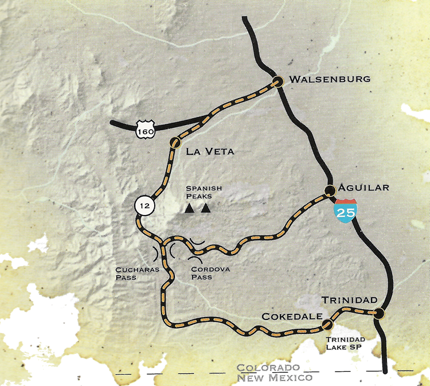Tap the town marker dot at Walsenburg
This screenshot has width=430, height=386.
pyautogui.click(x=278, y=81)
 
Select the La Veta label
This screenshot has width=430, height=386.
pyautogui.click(x=210, y=152)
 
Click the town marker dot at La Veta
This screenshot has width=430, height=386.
pyautogui.click(x=175, y=142)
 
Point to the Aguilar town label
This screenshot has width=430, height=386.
pyautogui.click(x=364, y=188)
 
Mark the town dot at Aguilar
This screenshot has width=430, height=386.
pyautogui.click(x=330, y=190)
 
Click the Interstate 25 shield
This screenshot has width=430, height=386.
pyautogui.click(x=346, y=210)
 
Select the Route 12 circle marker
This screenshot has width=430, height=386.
pyautogui.click(x=144, y=205)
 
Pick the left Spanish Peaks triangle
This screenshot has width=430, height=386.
pyautogui.click(x=189, y=209)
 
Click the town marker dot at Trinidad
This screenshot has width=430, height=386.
pyautogui.click(x=378, y=313)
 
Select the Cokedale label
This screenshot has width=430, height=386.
pyautogui.click(x=290, y=317)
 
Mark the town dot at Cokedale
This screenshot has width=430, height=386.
pyautogui.click(x=327, y=325)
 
